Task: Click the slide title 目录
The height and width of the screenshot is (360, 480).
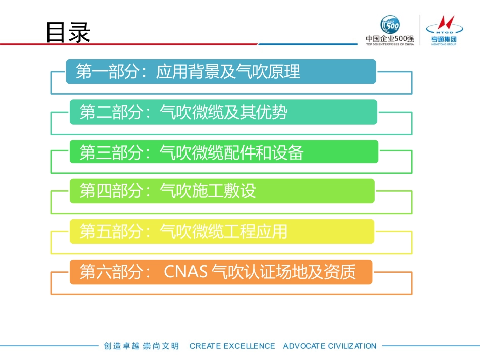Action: point(68,33)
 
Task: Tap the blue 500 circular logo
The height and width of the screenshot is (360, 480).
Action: point(390,25)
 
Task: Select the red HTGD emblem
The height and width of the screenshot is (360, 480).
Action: point(441,24)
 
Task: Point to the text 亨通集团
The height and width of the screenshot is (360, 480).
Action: point(441,39)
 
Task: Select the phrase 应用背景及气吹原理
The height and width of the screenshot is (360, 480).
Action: point(228,72)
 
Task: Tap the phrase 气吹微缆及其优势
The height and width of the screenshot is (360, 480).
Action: point(223,112)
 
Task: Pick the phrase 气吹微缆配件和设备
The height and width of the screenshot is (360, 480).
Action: point(231,152)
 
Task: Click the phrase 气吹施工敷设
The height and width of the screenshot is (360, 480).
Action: point(208,191)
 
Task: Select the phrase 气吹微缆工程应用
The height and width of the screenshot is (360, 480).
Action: point(223,232)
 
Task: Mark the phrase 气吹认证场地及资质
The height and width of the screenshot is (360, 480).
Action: point(283,272)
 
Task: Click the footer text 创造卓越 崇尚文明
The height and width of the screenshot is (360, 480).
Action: point(141,346)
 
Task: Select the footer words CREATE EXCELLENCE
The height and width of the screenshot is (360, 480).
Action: point(232,346)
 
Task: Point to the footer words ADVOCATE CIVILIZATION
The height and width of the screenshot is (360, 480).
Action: point(329,346)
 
